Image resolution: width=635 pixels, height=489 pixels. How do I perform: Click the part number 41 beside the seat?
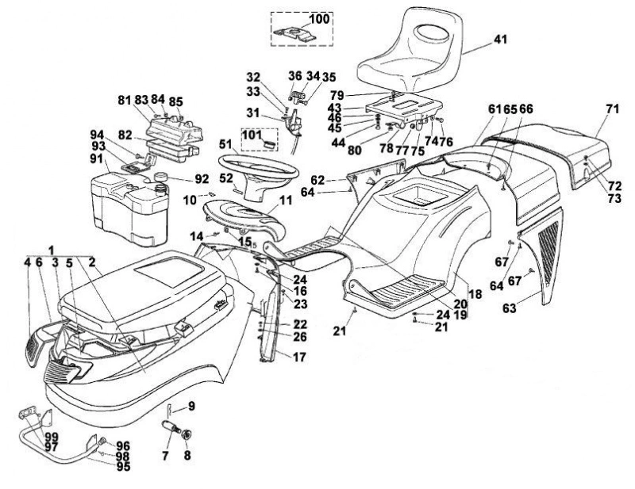(500, 40)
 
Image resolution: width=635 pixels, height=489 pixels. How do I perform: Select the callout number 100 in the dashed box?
(320, 18)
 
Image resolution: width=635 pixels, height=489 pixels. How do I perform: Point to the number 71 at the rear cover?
(613, 109)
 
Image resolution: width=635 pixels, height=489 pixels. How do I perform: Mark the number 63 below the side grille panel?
(510, 308)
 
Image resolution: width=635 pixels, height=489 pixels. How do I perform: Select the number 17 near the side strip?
(300, 357)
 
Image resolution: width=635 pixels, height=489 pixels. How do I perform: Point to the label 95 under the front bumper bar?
(124, 466)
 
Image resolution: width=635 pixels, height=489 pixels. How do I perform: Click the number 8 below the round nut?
(187, 456)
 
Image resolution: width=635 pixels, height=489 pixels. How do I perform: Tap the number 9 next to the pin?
(191, 406)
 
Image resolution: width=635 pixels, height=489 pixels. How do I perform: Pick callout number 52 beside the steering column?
(226, 178)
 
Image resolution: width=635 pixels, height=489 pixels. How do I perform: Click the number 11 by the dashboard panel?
(286, 201)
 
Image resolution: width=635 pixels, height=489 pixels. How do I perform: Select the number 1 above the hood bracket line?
(51, 250)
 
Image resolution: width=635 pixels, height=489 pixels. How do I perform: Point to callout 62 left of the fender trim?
(318, 180)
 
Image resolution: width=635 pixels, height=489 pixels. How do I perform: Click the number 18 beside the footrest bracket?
(475, 294)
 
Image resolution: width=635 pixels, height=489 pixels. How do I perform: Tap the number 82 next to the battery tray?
(126, 136)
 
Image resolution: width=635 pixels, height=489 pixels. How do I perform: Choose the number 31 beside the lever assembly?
(253, 113)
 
